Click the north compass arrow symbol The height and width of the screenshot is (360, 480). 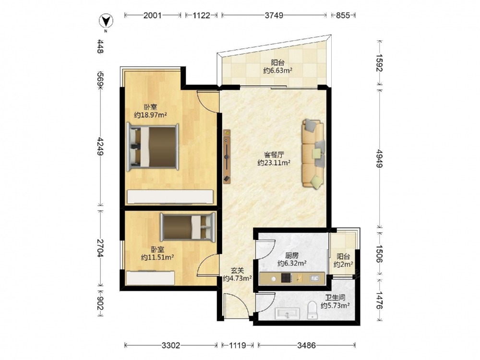pos(106,21)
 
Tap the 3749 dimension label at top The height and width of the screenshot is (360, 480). pos(274,15)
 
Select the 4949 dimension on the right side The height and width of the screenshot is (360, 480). pos(379,158)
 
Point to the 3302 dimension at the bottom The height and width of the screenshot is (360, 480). pos(171,346)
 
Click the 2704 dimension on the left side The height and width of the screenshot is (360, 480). pos(100,248)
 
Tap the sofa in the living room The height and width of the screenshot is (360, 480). pos(313,154)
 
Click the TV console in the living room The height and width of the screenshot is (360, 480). pos(227,156)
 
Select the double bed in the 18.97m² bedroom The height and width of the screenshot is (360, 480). pos(153,146)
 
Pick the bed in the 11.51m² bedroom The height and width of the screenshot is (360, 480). pos(188,227)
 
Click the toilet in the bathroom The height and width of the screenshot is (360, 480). pos(312,310)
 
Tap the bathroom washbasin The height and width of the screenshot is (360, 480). pos(287,313)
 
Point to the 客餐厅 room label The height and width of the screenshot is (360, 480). pos(274,155)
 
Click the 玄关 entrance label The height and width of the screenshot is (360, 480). pos(237,271)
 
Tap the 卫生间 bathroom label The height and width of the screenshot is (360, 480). pos(335,297)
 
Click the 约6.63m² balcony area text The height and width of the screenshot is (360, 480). pos(277,71)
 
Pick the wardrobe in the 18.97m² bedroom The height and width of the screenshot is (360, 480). pos(170,197)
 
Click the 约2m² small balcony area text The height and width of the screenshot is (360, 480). pos(343,264)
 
